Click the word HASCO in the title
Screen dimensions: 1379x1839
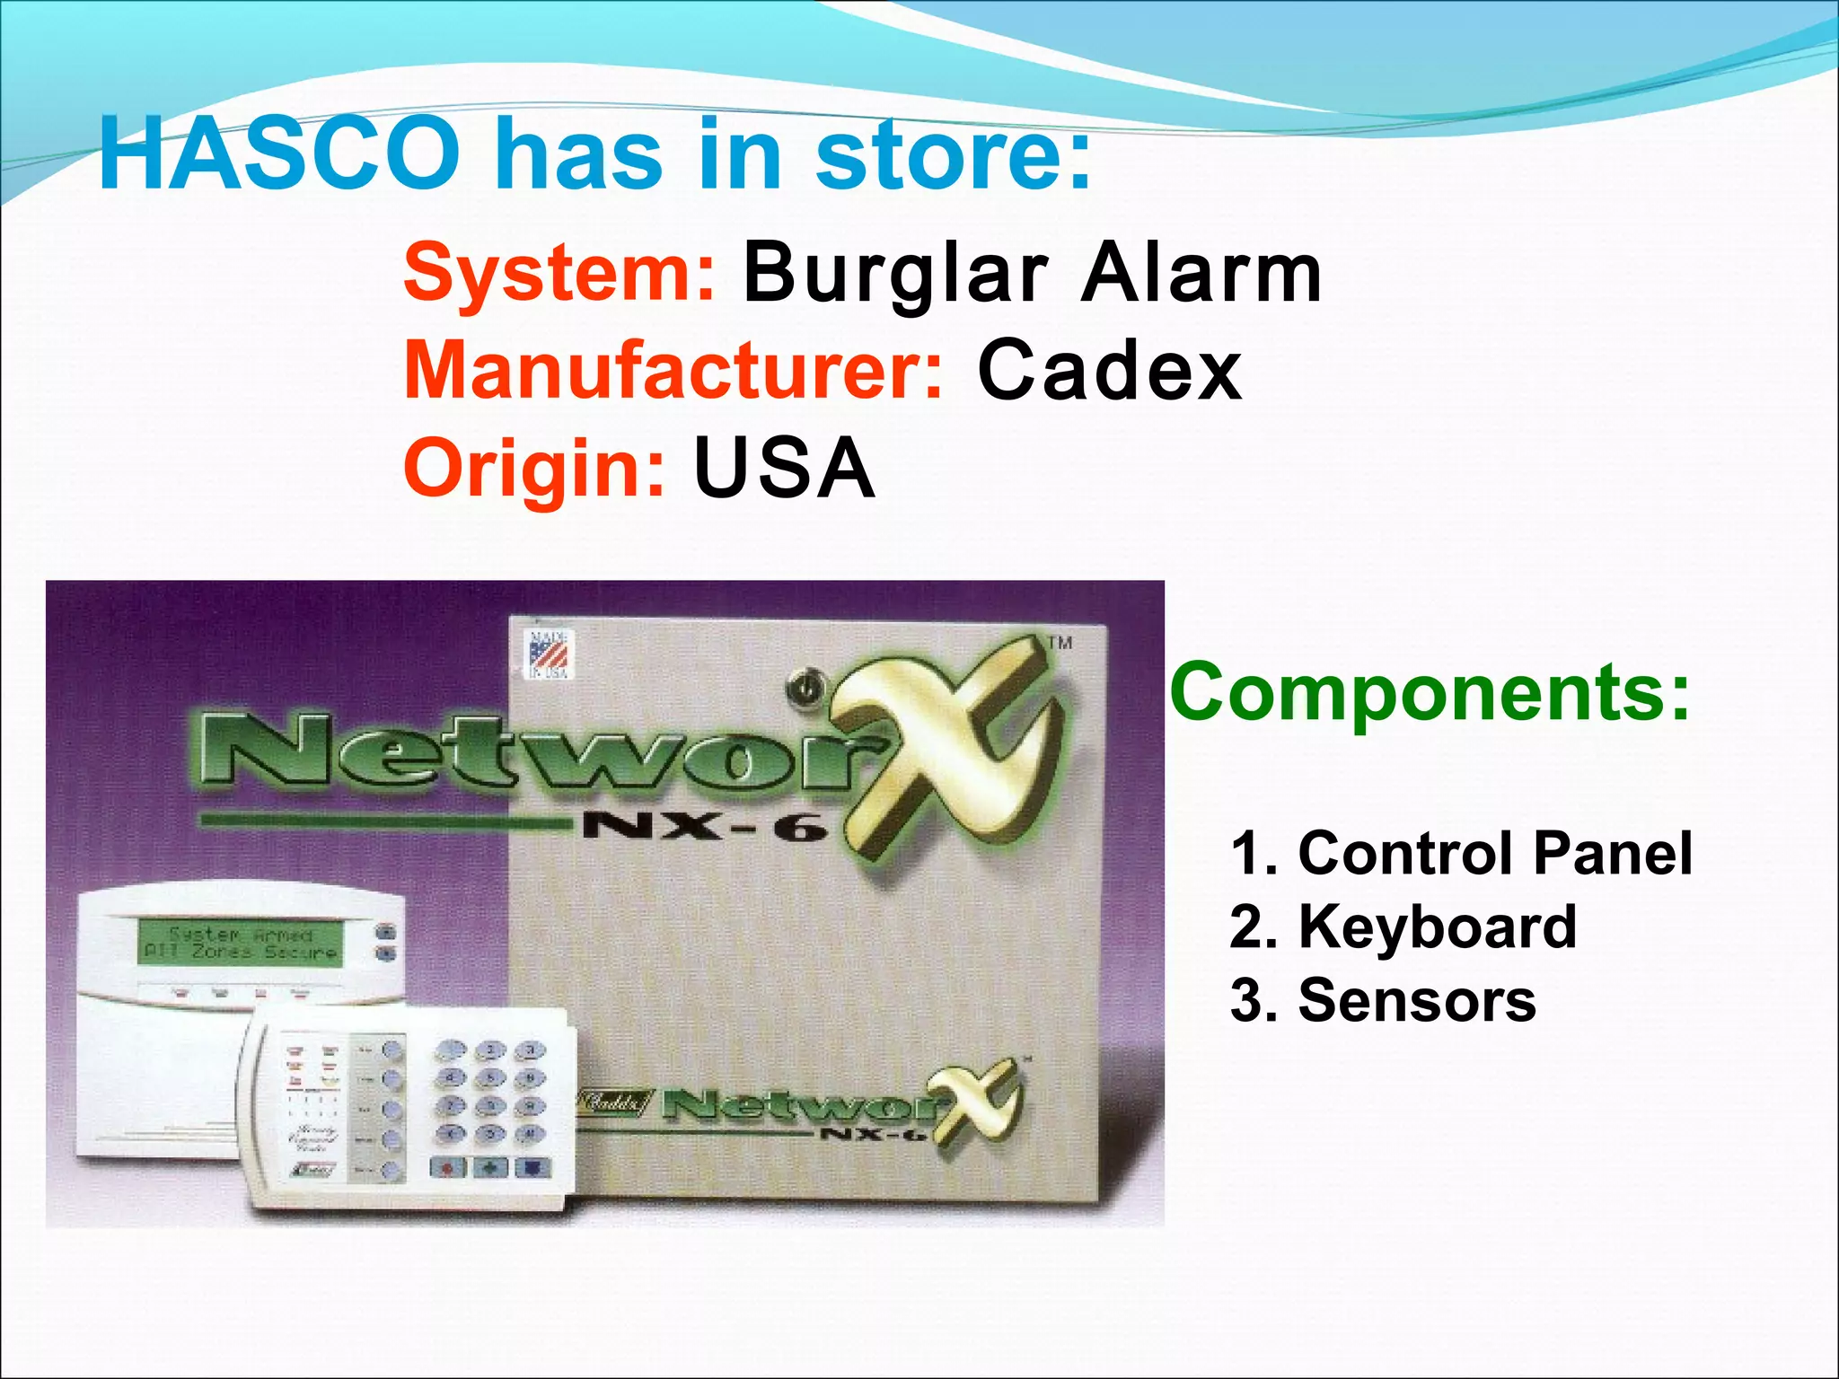click(x=278, y=154)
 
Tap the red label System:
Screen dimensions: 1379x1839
click(x=559, y=272)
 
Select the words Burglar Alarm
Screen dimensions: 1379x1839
click(x=1033, y=273)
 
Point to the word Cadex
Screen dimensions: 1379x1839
click(x=1110, y=370)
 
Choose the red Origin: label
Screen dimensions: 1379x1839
click(x=535, y=467)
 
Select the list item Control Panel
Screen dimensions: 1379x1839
click(x=1494, y=853)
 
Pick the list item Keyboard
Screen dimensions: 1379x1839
click(x=1437, y=927)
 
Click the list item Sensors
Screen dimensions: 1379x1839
click(x=1416, y=1000)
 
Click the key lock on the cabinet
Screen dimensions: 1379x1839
click(x=805, y=690)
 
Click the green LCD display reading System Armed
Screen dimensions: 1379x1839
click(x=240, y=943)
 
